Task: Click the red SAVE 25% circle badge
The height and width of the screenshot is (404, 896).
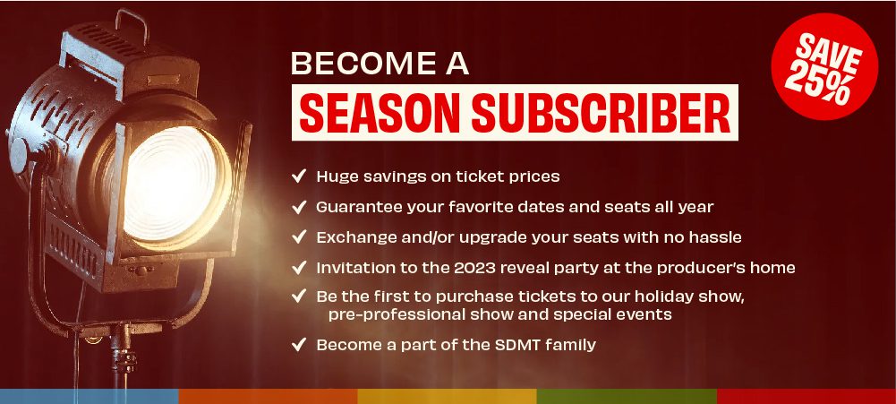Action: click(x=824, y=66)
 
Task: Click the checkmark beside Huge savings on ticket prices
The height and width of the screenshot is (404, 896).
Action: click(x=299, y=176)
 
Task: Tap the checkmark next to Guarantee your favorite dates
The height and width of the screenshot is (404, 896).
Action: click(x=299, y=207)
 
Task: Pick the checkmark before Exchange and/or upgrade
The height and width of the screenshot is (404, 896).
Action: click(x=299, y=236)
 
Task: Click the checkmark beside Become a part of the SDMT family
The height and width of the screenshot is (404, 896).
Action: click(x=299, y=345)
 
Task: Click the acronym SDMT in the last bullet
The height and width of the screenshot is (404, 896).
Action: click(x=515, y=345)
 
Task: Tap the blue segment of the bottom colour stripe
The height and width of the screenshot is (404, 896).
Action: click(x=90, y=396)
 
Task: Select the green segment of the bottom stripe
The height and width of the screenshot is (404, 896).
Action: click(x=627, y=396)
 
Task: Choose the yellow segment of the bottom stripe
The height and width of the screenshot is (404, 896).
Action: click(x=448, y=396)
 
